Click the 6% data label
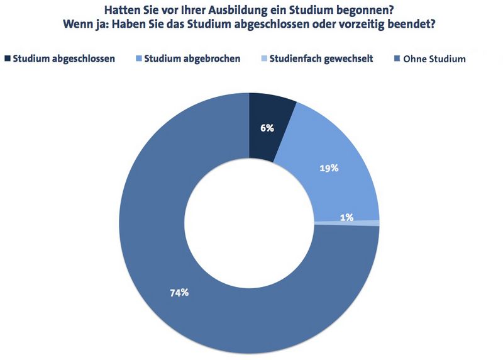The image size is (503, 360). [x=267, y=128]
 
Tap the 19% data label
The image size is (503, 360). [x=329, y=168]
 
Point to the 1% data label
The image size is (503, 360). [x=346, y=218]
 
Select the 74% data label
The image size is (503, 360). [x=179, y=293]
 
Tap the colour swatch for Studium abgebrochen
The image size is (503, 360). [x=138, y=59]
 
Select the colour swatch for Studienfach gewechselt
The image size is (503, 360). [x=265, y=59]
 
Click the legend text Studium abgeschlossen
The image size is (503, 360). [x=63, y=59]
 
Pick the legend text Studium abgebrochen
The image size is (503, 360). [x=192, y=59]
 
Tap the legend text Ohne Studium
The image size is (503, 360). [x=434, y=59]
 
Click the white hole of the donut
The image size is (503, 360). [x=250, y=223]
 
